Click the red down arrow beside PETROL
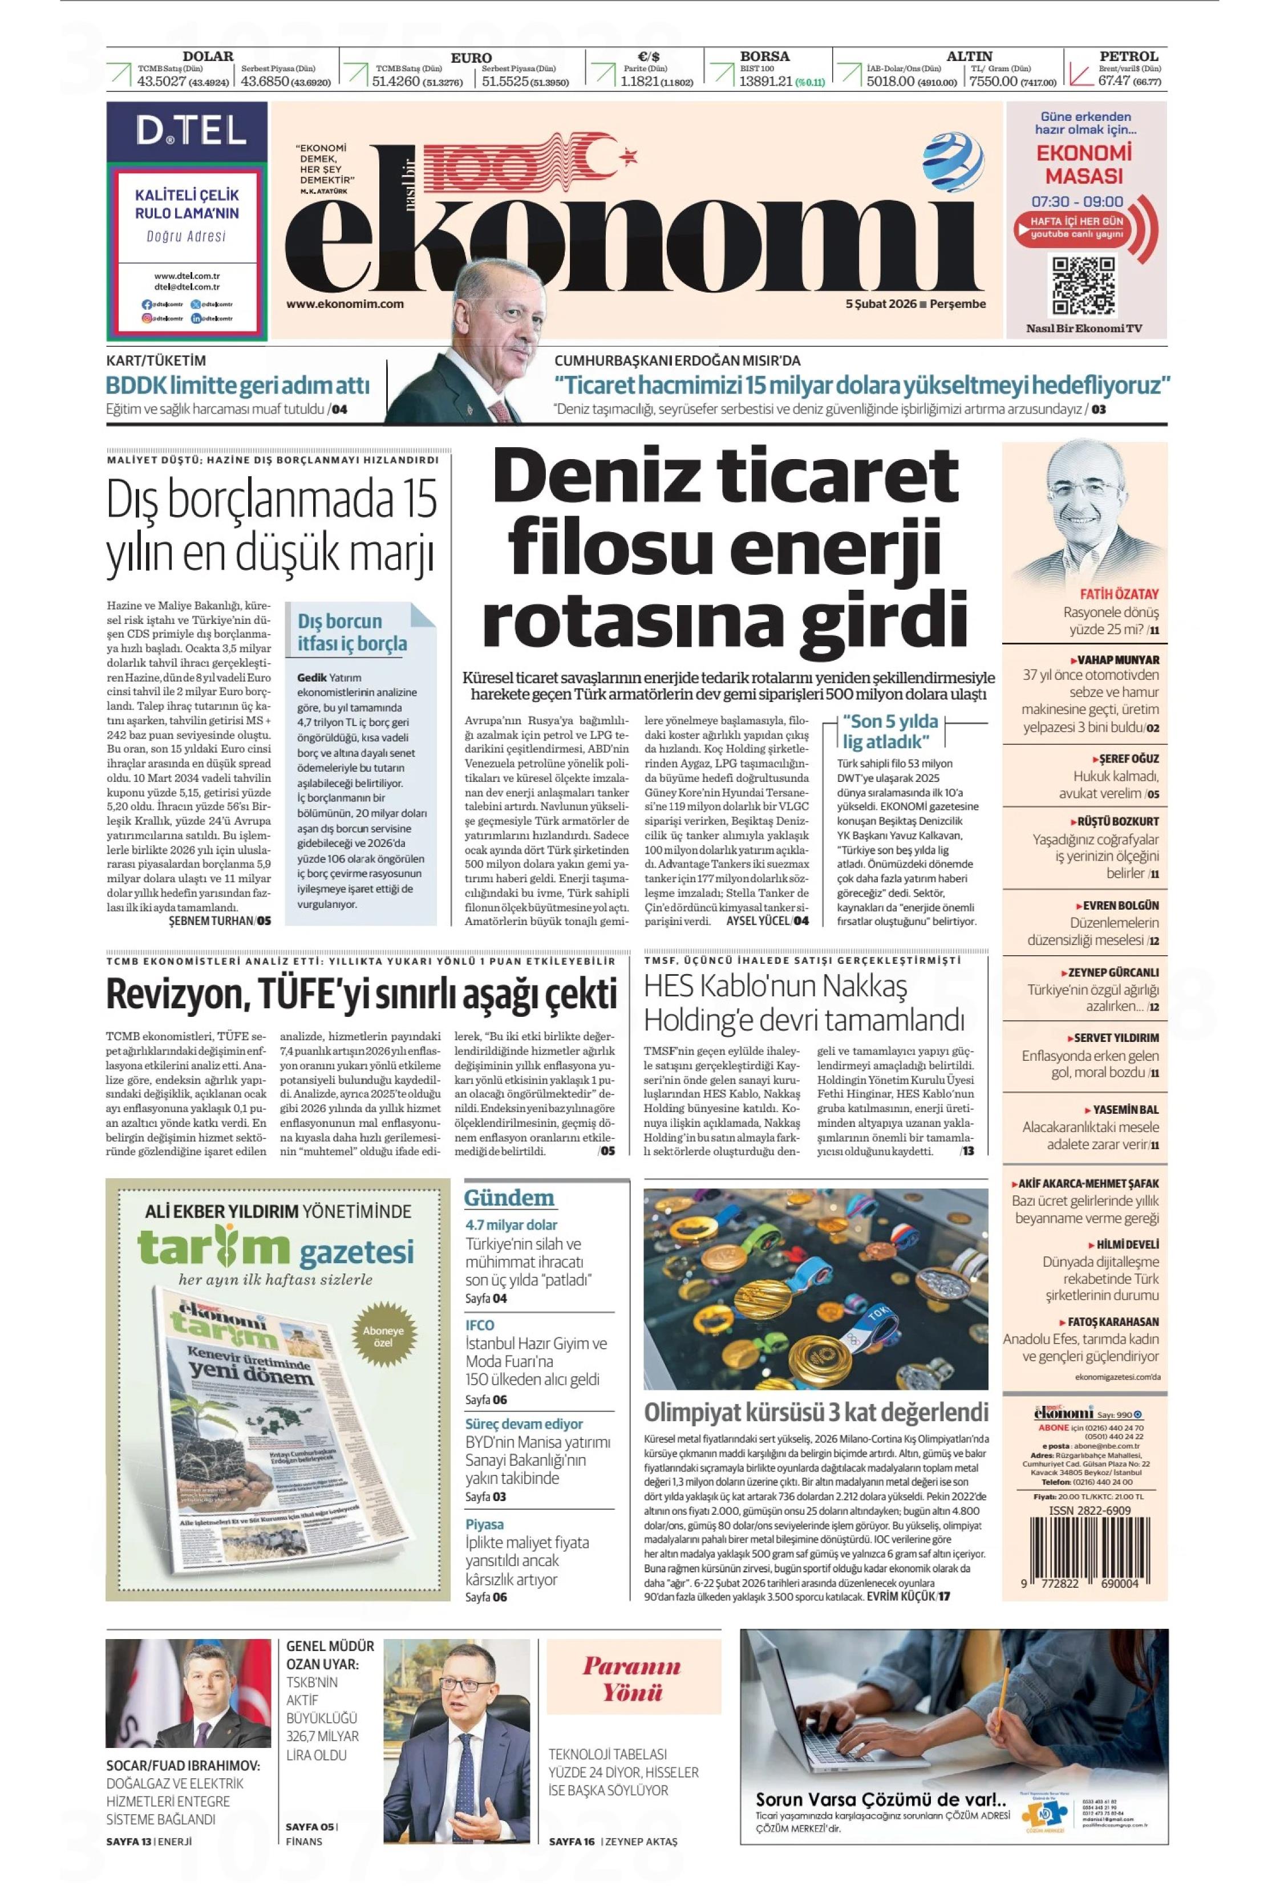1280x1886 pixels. coord(1080,75)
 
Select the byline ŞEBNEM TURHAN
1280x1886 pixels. coord(211,920)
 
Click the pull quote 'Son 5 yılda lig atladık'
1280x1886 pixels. coord(890,731)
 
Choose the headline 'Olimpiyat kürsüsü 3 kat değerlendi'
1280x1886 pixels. coord(815,1412)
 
